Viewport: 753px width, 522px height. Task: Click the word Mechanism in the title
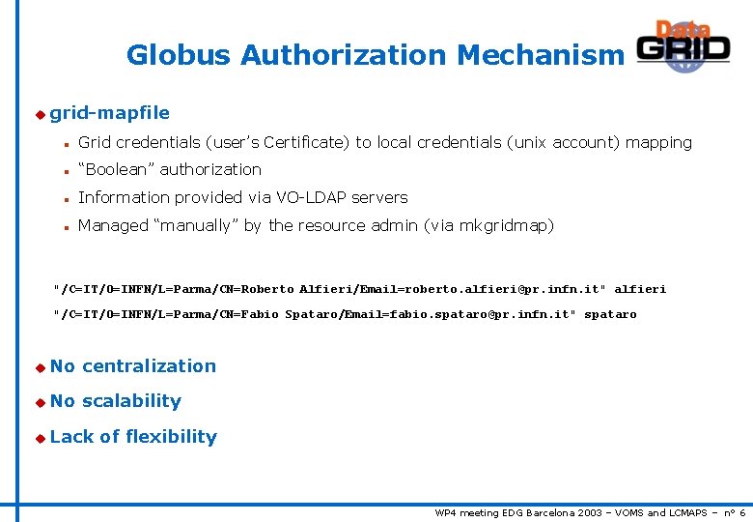point(541,55)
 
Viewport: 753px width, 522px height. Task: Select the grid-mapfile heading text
point(109,113)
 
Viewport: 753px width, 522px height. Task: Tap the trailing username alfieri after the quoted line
point(640,289)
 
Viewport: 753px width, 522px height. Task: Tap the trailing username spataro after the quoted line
point(611,314)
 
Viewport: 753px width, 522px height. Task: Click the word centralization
point(149,366)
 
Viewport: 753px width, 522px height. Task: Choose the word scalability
point(131,401)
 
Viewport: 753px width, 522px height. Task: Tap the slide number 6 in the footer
point(741,512)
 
